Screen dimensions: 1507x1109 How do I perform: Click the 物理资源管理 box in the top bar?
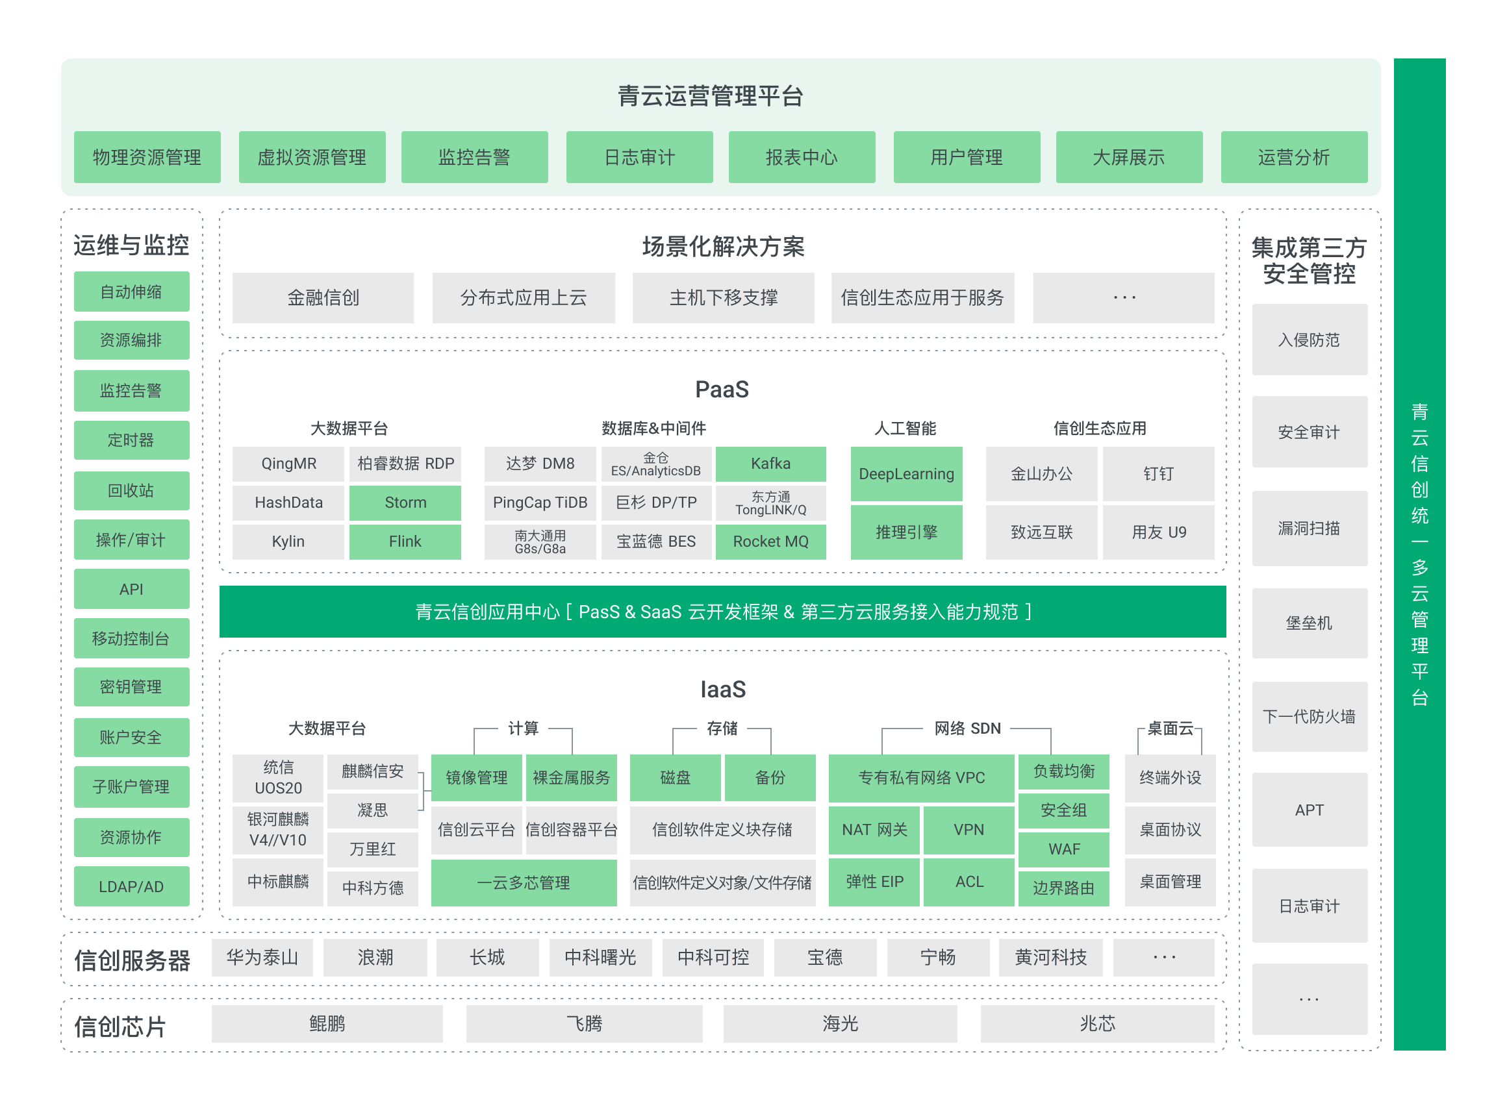coord(147,157)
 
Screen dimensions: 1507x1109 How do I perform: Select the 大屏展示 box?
coord(1129,157)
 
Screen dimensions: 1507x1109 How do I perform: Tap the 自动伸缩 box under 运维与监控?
coord(132,292)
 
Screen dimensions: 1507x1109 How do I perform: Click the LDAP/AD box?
coord(132,886)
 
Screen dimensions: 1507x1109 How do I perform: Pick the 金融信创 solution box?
coord(323,297)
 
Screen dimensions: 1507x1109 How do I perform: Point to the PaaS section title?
coord(722,390)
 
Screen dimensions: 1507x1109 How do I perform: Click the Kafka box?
coord(771,464)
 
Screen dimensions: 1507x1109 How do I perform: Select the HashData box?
coord(288,503)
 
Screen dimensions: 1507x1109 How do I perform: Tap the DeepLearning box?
coord(907,474)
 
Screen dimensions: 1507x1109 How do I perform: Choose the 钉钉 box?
coord(1158,474)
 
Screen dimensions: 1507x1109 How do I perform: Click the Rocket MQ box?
coord(771,542)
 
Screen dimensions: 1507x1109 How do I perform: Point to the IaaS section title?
coord(722,690)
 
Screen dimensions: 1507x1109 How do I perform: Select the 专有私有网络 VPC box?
coord(921,777)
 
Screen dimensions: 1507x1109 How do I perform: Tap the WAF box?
coord(1064,849)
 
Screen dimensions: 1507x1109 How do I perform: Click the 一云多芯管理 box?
coord(524,883)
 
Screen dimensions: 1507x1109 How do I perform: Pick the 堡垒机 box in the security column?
coord(1310,623)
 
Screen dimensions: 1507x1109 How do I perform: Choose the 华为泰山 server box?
coord(262,957)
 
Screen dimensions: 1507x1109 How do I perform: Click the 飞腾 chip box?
coord(584,1023)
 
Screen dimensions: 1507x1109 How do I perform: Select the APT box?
coord(1310,810)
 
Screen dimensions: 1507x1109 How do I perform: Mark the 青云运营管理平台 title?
coord(711,96)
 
